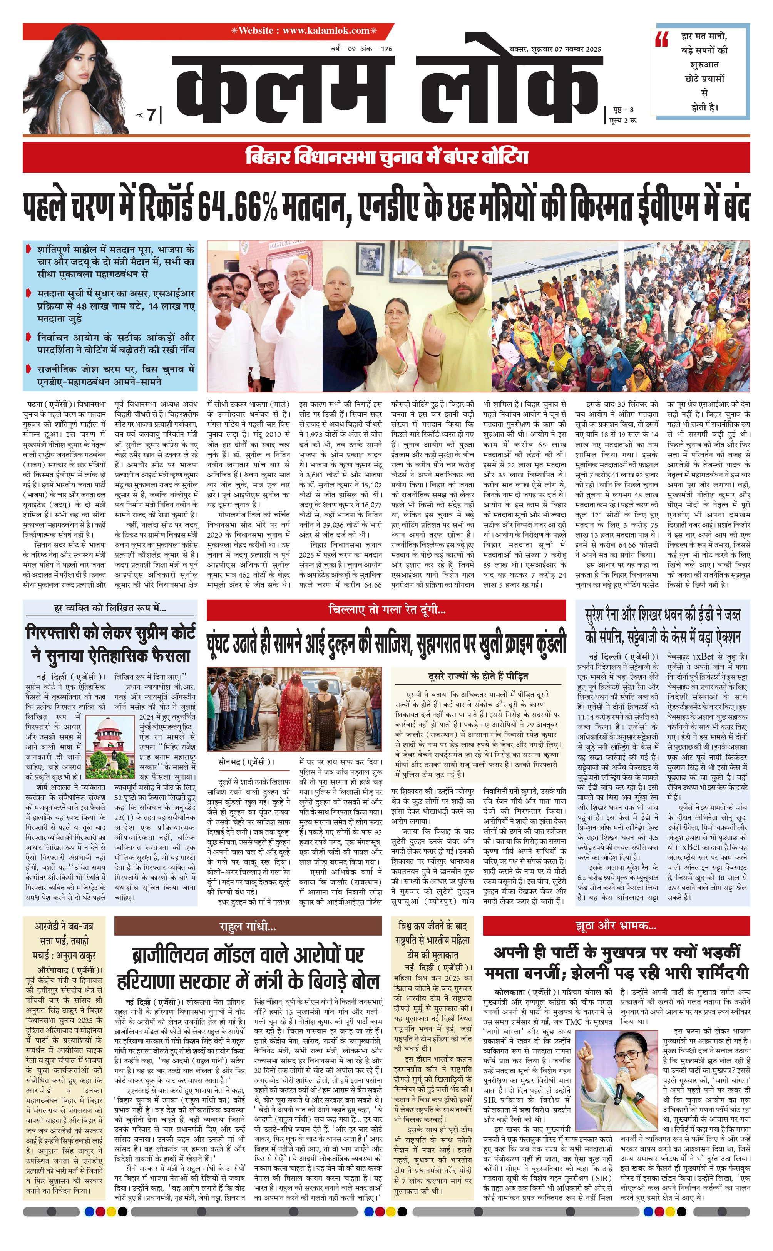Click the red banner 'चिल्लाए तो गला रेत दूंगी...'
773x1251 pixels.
tap(386, 610)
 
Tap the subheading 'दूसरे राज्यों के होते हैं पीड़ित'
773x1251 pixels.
tap(478, 676)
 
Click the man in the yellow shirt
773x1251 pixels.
tap(468, 322)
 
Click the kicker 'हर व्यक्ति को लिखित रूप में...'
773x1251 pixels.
tap(110, 608)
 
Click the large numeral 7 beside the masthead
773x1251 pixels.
tap(151, 115)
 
